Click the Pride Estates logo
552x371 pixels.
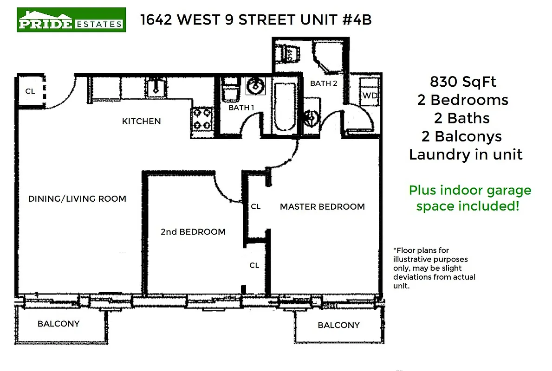(x=71, y=19)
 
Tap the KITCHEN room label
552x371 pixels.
(x=141, y=122)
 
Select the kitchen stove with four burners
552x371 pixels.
(x=202, y=118)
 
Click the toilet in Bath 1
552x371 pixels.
(x=230, y=90)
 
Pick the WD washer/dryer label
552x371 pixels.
(x=370, y=96)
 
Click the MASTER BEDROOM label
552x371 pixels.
(x=322, y=207)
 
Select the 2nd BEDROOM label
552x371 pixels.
(x=193, y=232)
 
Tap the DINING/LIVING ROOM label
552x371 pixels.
(x=77, y=199)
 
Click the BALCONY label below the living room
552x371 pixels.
(x=58, y=324)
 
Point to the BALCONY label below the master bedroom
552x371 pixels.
(x=338, y=325)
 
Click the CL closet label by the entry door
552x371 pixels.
(x=30, y=91)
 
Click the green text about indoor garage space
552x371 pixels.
(x=469, y=198)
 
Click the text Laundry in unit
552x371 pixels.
(x=466, y=154)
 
